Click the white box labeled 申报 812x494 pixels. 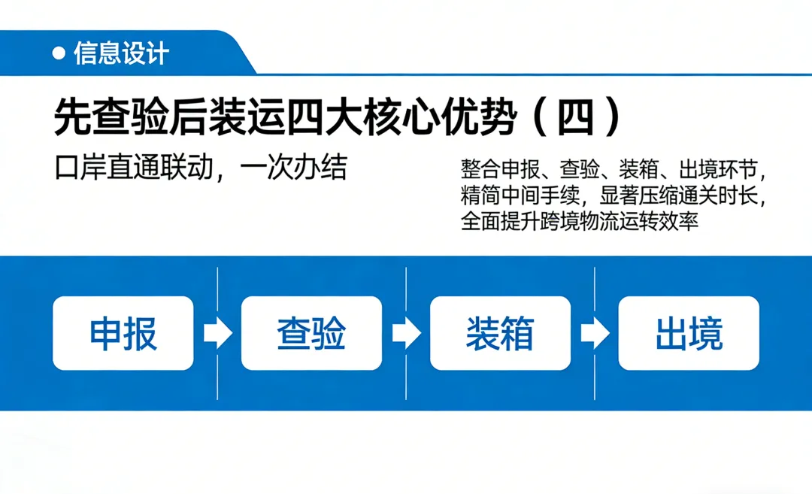[123, 333]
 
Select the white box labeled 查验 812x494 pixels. [311, 333]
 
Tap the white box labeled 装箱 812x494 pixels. [500, 333]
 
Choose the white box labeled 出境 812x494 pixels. [689, 333]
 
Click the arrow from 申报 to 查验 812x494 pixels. [217, 334]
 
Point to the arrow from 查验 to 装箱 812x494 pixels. [406, 334]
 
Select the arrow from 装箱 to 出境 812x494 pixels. [595, 334]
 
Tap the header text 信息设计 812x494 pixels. [122, 53]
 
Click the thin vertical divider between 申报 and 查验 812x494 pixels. [217, 293]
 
